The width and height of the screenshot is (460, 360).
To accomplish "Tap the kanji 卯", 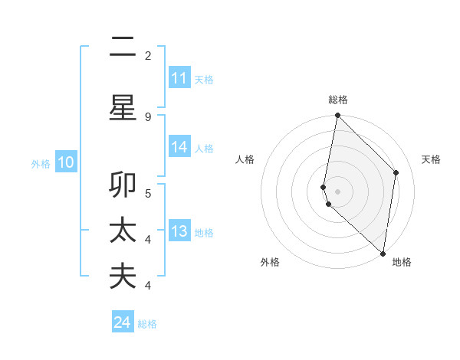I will point(123,185).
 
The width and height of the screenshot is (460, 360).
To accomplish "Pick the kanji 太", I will point(123,231).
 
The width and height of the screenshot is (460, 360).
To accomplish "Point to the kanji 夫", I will point(123,277).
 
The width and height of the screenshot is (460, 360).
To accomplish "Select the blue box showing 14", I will point(179,147).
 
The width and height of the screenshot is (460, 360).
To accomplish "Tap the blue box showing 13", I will point(179,231).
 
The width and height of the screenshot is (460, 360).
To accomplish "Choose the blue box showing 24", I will point(123,322).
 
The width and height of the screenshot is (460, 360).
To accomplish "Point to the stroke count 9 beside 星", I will point(148,116).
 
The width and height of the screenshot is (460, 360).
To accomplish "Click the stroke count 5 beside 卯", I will point(148,193).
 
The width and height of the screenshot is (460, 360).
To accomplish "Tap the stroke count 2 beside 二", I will point(148,55).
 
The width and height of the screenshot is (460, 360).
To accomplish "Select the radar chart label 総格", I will point(338,100).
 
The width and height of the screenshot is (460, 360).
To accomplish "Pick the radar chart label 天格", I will point(431,159).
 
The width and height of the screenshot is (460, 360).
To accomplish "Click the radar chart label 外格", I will point(270,262).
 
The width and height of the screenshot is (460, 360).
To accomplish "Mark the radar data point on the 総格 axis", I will point(337,116).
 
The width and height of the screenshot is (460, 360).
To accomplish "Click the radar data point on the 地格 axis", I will point(383,253).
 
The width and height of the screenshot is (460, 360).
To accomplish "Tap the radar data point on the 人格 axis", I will point(324,187).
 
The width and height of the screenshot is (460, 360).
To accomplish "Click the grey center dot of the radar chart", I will point(337,191).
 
